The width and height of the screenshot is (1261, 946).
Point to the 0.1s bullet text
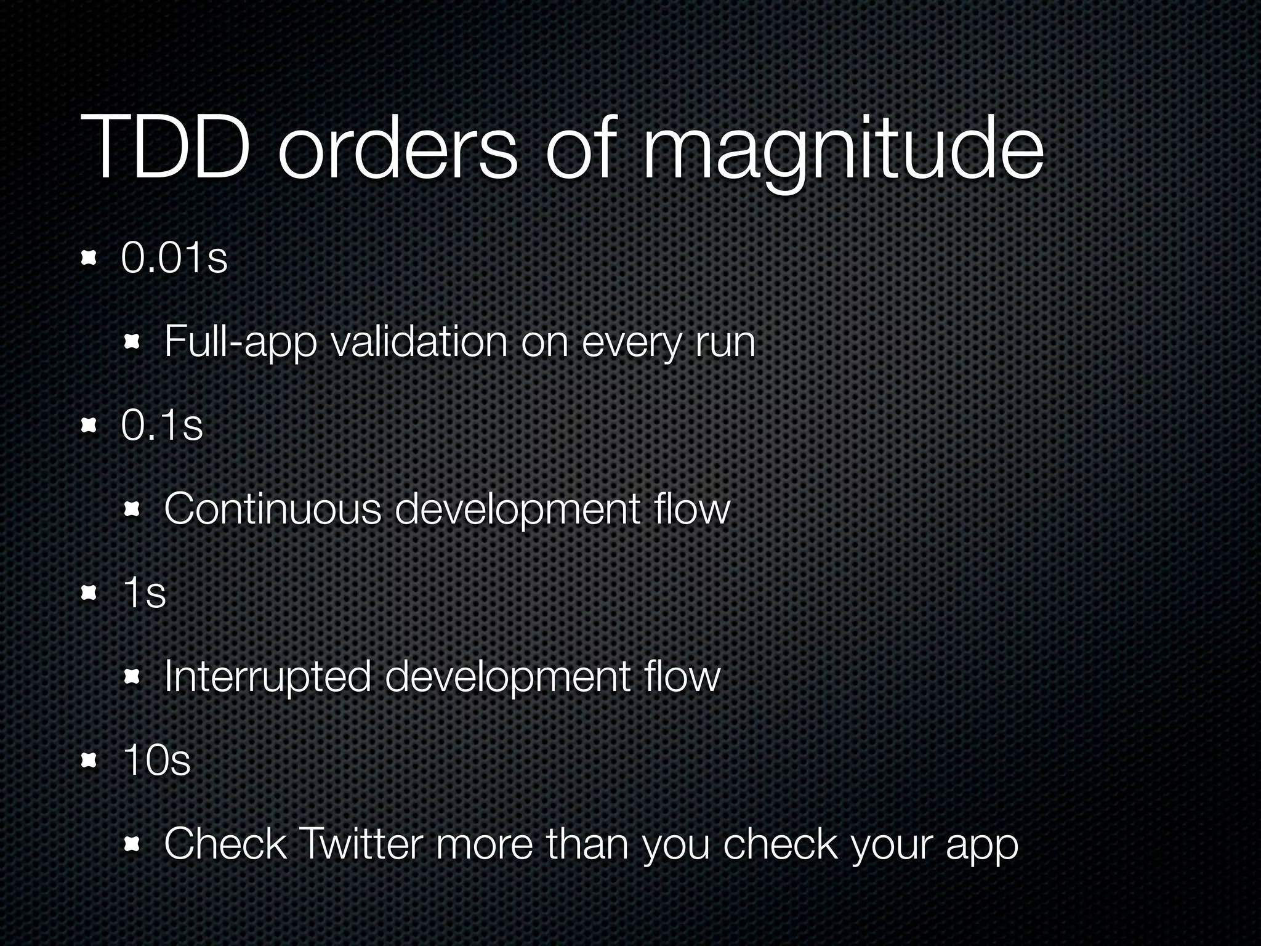(162, 425)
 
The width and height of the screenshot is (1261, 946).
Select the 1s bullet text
(144, 592)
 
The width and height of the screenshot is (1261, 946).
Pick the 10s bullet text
(156, 760)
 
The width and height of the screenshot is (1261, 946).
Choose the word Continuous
(273, 509)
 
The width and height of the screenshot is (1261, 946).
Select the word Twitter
(360, 844)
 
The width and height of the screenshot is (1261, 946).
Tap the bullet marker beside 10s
(91, 760)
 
